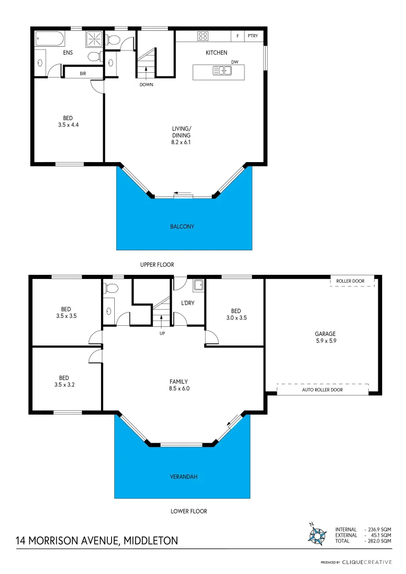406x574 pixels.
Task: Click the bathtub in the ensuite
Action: click(x=49, y=39)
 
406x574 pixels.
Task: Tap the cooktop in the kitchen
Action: click(x=203, y=36)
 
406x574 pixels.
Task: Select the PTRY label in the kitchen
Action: click(x=253, y=36)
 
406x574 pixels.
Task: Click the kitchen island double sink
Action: click(x=222, y=70)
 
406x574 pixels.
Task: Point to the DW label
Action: click(x=234, y=62)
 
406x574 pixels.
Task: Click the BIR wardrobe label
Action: click(x=83, y=73)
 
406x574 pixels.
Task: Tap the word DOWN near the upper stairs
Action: click(x=146, y=85)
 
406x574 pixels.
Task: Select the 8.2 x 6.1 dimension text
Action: click(x=181, y=142)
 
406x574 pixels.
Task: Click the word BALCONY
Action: click(x=182, y=226)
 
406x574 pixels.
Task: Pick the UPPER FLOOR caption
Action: click(x=157, y=265)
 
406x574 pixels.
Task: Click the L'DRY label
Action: click(x=187, y=302)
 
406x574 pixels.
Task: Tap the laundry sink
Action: click(x=198, y=285)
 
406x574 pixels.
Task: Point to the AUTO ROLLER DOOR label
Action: click(x=323, y=390)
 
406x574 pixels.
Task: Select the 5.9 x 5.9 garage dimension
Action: click(x=323, y=342)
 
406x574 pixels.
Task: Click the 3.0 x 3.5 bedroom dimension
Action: click(x=235, y=318)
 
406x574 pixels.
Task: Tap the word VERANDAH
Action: click(x=182, y=477)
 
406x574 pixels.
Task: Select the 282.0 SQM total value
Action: click(x=378, y=541)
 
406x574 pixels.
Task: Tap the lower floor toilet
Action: click(x=111, y=289)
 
